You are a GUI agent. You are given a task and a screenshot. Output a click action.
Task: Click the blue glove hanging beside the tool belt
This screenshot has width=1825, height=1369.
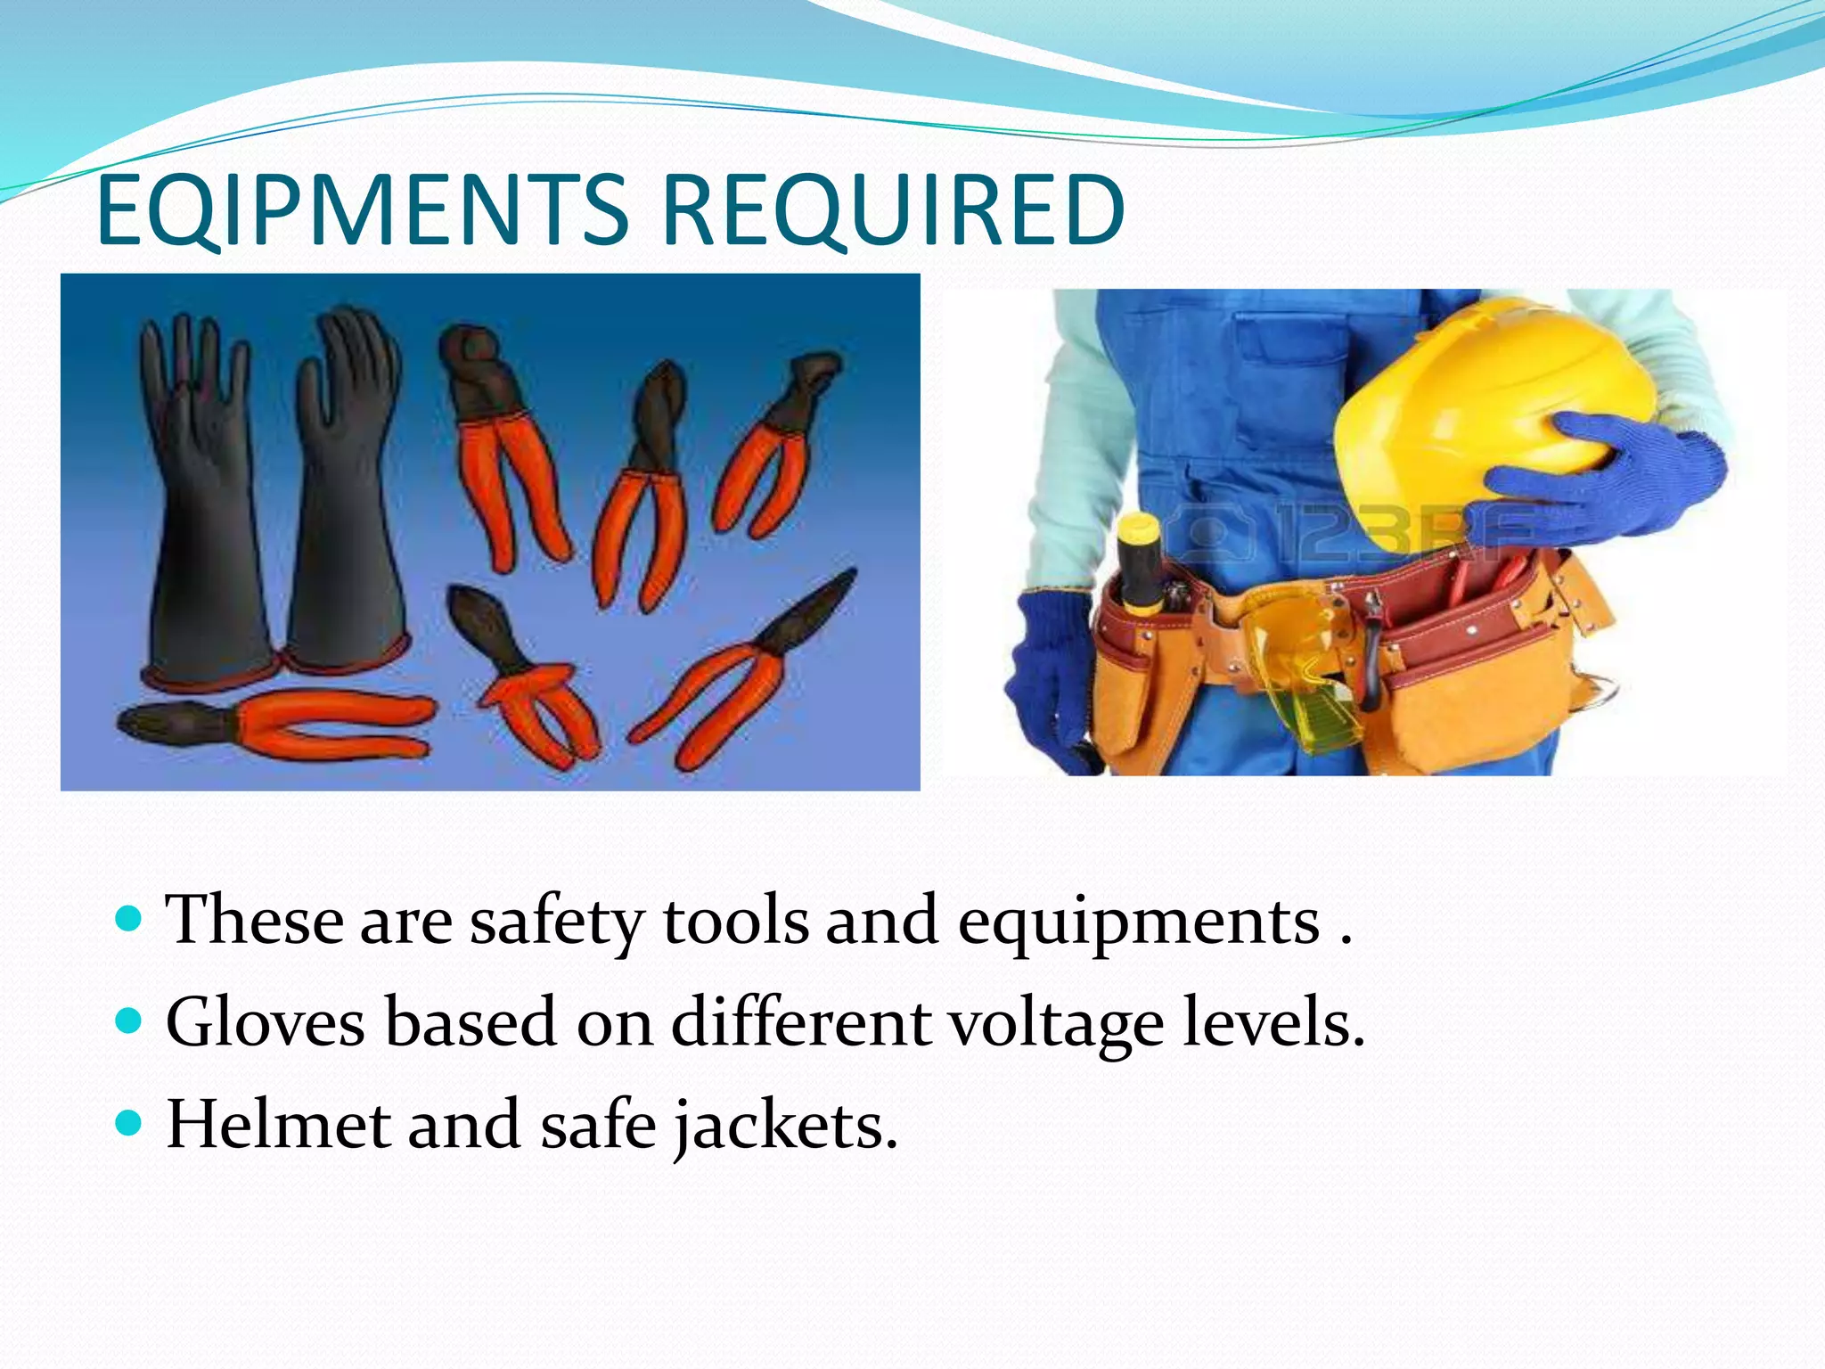pyautogui.click(x=1052, y=677)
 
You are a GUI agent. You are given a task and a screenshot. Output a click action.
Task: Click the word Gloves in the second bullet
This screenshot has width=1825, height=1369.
pyautogui.click(x=265, y=1023)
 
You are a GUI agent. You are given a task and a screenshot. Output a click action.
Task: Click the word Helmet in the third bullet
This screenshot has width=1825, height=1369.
pyautogui.click(x=277, y=1125)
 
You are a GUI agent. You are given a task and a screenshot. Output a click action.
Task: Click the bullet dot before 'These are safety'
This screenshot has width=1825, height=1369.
pyautogui.click(x=129, y=917)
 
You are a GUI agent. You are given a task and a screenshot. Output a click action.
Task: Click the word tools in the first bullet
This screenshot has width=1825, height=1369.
pyautogui.click(x=735, y=920)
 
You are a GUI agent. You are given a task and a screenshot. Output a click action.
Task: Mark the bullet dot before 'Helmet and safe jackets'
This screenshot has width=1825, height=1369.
pyautogui.click(x=129, y=1122)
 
